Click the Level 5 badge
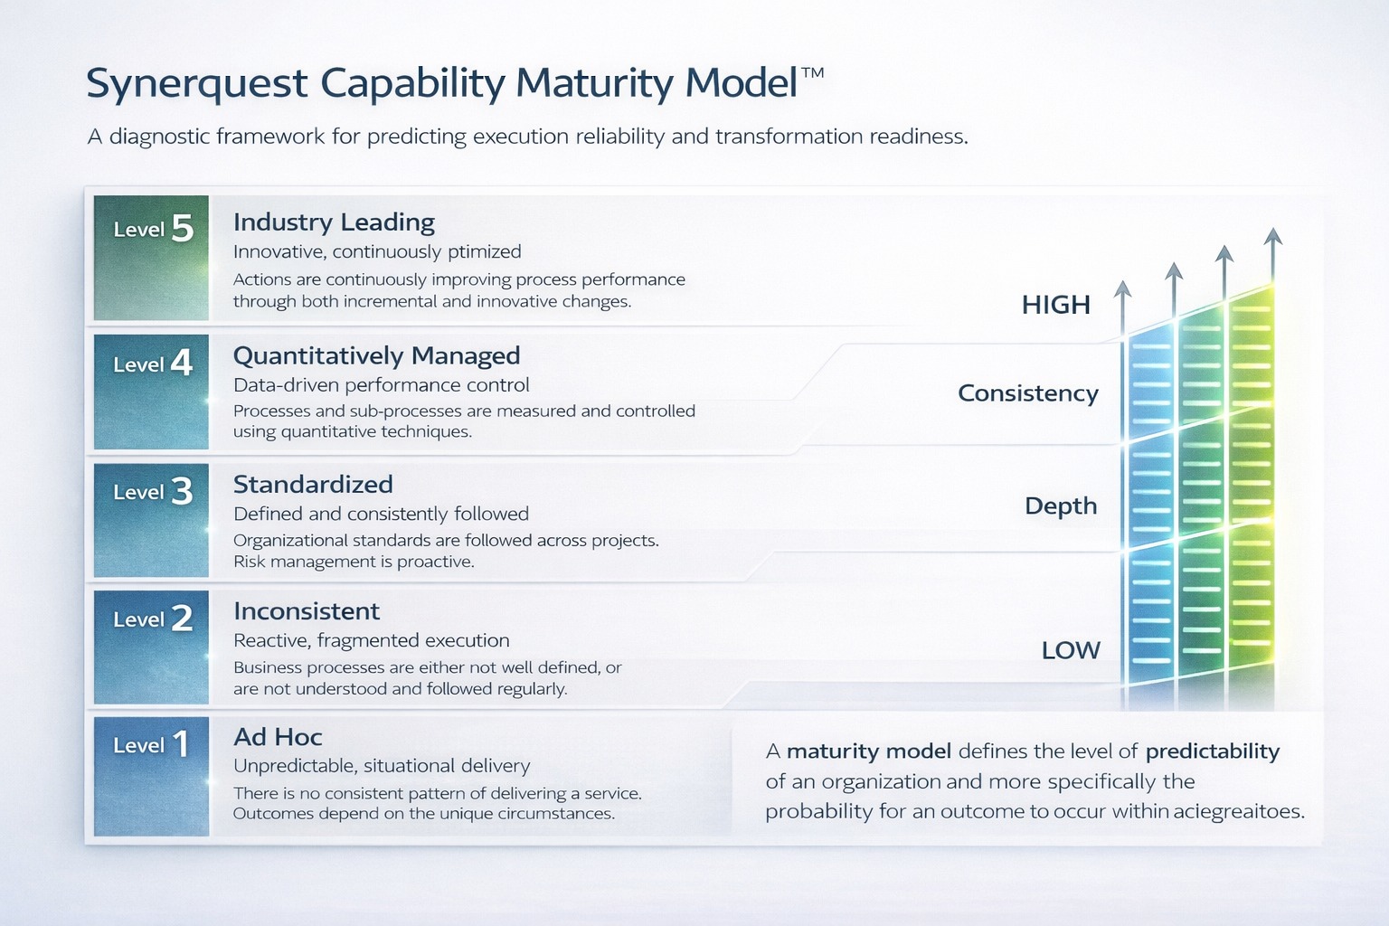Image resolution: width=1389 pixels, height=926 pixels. pos(151,258)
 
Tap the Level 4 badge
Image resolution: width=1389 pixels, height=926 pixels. pos(151,392)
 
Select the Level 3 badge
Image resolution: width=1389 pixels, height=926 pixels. pos(151,520)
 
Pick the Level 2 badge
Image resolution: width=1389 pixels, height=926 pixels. pos(151,647)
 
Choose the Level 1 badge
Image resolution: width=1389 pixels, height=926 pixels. pos(151,776)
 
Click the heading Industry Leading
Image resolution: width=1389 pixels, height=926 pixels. pos(334,222)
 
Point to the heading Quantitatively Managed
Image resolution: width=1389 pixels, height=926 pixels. pos(376,355)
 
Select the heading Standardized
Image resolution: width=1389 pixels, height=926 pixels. pos(313,485)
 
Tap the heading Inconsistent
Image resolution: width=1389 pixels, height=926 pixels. pos(307,611)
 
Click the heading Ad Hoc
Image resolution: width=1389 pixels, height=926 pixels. pos(278,737)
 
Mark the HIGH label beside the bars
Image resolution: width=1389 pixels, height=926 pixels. pos(1055,306)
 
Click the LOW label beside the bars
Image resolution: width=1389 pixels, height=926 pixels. pos(1071,651)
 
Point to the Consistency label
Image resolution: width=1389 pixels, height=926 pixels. pos(1028,393)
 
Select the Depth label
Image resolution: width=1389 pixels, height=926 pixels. pos(1061,506)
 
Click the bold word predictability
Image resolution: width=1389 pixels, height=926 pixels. pos(1213,751)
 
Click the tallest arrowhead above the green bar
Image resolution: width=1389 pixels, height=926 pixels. pos(1273,237)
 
